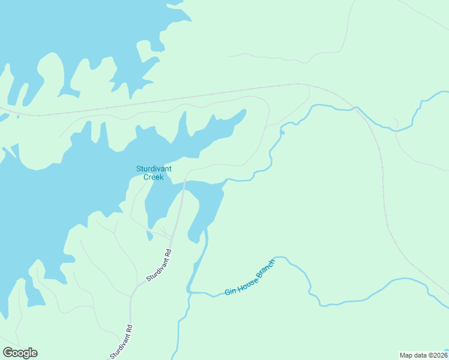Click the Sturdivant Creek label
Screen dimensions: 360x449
pos(154,173)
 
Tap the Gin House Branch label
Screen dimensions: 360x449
pos(250,277)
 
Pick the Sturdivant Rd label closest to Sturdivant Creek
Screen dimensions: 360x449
pos(158,266)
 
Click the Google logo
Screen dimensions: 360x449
pos(20,353)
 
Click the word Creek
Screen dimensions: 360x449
pos(154,177)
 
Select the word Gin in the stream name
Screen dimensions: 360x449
pos(229,291)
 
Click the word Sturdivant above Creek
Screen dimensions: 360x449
pos(154,169)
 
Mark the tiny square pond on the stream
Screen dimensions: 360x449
pos(282,132)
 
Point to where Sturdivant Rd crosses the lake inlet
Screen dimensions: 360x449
pos(182,192)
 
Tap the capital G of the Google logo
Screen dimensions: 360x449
pos(8,353)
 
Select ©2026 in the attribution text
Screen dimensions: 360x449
pos(438,355)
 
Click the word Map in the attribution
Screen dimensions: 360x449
pos(406,355)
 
